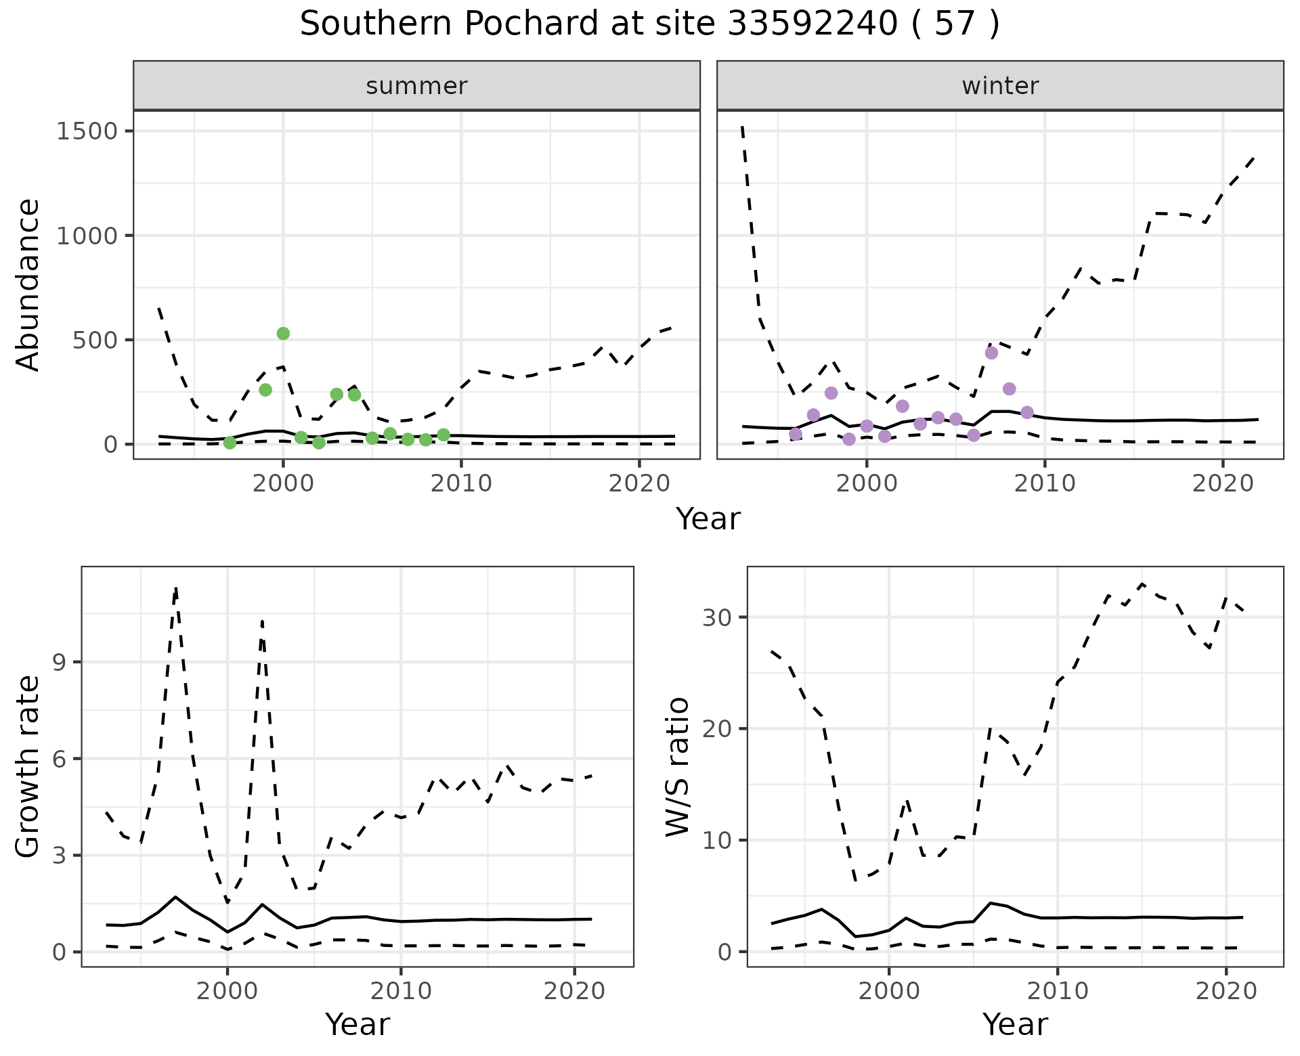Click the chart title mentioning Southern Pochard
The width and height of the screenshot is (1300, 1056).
pos(649,24)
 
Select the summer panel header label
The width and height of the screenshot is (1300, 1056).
pos(416,86)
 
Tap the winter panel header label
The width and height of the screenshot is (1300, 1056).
pos(1000,86)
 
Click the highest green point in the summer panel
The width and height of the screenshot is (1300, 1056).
pos(283,333)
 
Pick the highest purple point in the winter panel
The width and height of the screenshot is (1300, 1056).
pos(991,353)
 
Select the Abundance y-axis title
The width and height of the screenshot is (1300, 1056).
pos(28,284)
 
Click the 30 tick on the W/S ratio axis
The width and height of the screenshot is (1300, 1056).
pos(719,617)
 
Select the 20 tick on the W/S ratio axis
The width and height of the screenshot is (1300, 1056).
pos(719,729)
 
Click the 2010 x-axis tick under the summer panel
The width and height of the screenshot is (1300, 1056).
pos(461,483)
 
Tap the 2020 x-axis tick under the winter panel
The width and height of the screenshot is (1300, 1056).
pos(1223,483)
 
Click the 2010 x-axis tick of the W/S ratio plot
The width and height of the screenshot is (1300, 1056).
pos(1057,991)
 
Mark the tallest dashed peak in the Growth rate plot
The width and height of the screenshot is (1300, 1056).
pos(176,589)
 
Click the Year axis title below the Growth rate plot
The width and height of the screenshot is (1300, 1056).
pos(357,1024)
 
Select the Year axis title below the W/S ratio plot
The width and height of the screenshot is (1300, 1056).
pos(1015,1024)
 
